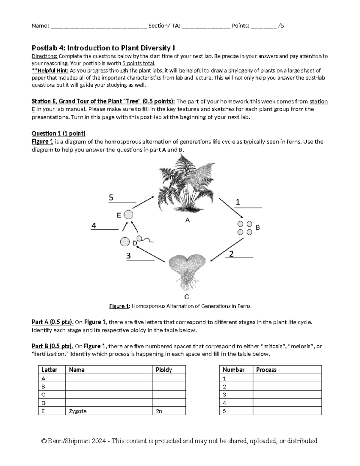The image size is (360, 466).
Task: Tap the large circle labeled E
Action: click(x=128, y=215)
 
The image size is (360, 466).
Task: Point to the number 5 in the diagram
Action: click(x=111, y=198)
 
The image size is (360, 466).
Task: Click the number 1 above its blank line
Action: click(x=238, y=202)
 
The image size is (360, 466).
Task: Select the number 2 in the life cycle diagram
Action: click(x=231, y=254)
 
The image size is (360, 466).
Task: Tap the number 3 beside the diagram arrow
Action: click(x=128, y=256)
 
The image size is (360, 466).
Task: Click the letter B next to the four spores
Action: click(x=257, y=228)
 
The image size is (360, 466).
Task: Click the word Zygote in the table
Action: click(x=78, y=411)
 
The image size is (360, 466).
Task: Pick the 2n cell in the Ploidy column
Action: click(x=159, y=411)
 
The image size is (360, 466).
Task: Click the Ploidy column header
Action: click(x=164, y=370)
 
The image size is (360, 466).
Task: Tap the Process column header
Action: click(x=266, y=370)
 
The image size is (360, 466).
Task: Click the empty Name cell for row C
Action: click(x=108, y=395)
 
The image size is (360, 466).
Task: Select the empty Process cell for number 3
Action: click(x=287, y=395)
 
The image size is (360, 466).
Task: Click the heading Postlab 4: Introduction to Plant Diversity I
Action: click(x=103, y=48)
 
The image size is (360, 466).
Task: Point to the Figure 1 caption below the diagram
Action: click(x=180, y=306)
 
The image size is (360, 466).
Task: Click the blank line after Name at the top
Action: click(x=99, y=26)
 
